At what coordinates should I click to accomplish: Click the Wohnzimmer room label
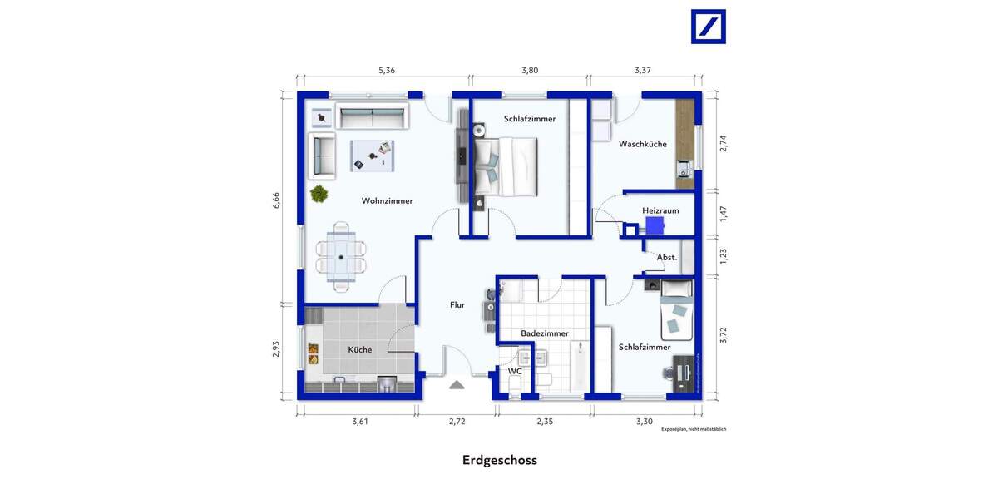[x=387, y=200]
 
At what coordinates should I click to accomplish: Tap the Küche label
[x=360, y=349]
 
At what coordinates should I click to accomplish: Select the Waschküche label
[x=642, y=144]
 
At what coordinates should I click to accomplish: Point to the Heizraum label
[x=660, y=210]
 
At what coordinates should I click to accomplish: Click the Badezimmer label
[x=545, y=333]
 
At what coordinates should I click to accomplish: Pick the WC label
[x=515, y=371]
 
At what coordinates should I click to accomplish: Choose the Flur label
[x=457, y=305]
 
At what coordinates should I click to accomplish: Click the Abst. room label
[x=666, y=258]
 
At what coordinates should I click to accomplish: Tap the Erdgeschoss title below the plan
[x=499, y=460]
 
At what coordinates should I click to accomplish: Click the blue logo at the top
[x=709, y=27]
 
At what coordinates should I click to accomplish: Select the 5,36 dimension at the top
[x=387, y=71]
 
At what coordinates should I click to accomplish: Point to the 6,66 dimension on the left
[x=277, y=201]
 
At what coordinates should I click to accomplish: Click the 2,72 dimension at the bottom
[x=457, y=422]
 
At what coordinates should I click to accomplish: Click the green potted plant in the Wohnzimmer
[x=318, y=194]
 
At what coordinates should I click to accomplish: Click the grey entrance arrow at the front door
[x=457, y=385]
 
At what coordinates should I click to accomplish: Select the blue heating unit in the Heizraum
[x=655, y=225]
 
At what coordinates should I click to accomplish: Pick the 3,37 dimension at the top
[x=643, y=71]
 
